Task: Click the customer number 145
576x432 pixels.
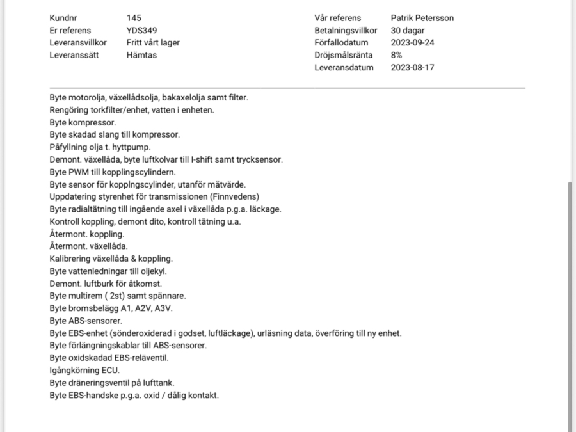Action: click(134, 18)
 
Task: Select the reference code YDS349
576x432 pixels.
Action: click(142, 30)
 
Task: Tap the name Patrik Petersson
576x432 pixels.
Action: click(422, 18)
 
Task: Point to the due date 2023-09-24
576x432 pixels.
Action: click(412, 43)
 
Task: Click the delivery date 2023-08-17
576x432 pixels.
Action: click(412, 67)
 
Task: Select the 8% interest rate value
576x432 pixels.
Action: click(397, 55)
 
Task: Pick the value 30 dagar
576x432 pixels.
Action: click(408, 30)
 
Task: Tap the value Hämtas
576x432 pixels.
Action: click(141, 55)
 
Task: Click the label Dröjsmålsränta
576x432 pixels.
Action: click(344, 55)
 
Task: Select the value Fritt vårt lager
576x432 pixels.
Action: click(153, 43)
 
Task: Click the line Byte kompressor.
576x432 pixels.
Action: click(83, 122)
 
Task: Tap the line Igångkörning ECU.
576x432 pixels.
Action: click(84, 370)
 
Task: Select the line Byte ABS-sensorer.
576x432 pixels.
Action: click(86, 321)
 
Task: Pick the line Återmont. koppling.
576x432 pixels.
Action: click(87, 234)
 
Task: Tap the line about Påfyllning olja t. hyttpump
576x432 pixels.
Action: click(100, 147)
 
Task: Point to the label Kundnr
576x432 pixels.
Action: click(63, 18)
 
